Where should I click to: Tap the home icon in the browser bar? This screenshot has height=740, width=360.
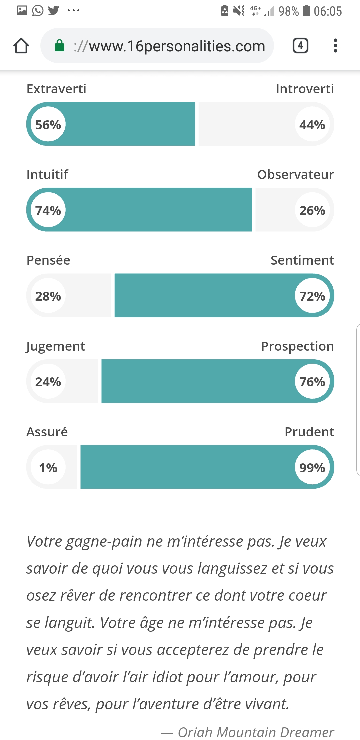pos(21,46)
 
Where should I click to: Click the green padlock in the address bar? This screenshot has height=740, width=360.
pos(59,46)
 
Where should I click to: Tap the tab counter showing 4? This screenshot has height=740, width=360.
pos(300,46)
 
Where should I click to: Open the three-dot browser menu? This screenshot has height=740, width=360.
pos(335,46)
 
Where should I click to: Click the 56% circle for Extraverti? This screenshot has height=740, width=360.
pos(48,124)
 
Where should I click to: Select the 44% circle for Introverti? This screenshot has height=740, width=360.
pos(312,124)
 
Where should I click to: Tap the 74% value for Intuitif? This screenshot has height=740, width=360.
pos(48,210)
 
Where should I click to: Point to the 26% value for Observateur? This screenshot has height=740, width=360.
pos(312,210)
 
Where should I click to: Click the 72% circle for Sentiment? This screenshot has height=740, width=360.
pos(312,296)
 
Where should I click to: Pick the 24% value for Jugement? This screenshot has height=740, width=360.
pos(48,382)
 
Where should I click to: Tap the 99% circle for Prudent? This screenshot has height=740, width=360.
pos(312,467)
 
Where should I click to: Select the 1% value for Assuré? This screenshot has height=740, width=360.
pos(48,467)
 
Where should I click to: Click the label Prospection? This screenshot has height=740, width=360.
pos(297,346)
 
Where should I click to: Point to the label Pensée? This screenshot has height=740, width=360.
pos(48,260)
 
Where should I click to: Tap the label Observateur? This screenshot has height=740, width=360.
pos(295,175)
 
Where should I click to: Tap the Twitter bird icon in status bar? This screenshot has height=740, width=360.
pos(53,10)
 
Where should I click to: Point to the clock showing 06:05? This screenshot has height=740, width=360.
pos(328,11)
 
